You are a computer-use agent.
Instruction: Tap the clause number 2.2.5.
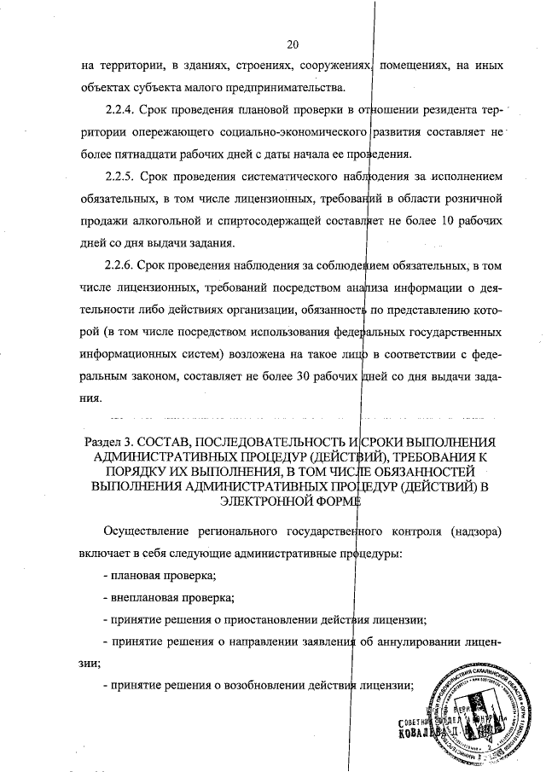coord(122,177)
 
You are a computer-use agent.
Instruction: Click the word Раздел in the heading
coord(107,441)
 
